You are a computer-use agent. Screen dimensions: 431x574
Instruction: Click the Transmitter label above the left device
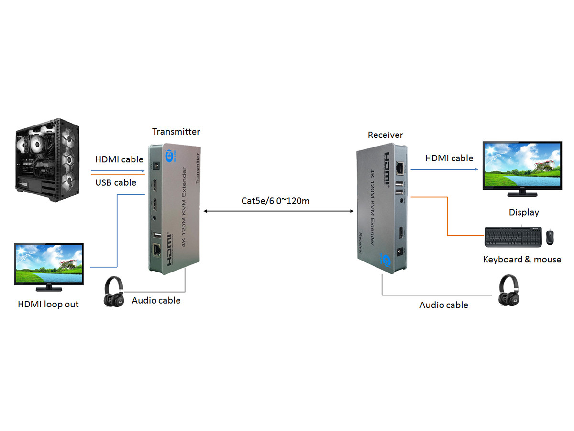pos(176,132)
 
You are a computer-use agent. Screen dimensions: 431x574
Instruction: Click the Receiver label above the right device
pos(385,135)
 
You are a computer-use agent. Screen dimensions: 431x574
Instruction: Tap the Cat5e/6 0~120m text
pos(275,201)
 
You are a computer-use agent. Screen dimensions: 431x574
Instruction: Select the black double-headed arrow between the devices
pos(277,211)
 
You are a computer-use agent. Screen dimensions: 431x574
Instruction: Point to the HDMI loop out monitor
pos(49,267)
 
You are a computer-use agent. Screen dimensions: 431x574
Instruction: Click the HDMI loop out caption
pos(48,304)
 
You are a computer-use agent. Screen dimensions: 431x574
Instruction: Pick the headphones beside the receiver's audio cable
pos(508,291)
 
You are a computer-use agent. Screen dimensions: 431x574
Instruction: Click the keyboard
pos(513,237)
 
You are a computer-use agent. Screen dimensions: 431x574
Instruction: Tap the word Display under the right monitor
pos(524,212)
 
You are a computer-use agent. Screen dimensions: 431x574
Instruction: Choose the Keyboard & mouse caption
pos(522,260)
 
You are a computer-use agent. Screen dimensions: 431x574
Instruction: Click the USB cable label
pos(116,182)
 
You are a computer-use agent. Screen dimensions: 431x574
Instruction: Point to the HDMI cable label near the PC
pos(119,159)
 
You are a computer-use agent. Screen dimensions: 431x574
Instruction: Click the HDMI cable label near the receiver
pos(449,158)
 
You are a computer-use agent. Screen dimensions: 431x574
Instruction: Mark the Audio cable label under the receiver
pos(443,305)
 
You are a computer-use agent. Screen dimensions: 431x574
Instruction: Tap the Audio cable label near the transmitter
pos(156,301)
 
